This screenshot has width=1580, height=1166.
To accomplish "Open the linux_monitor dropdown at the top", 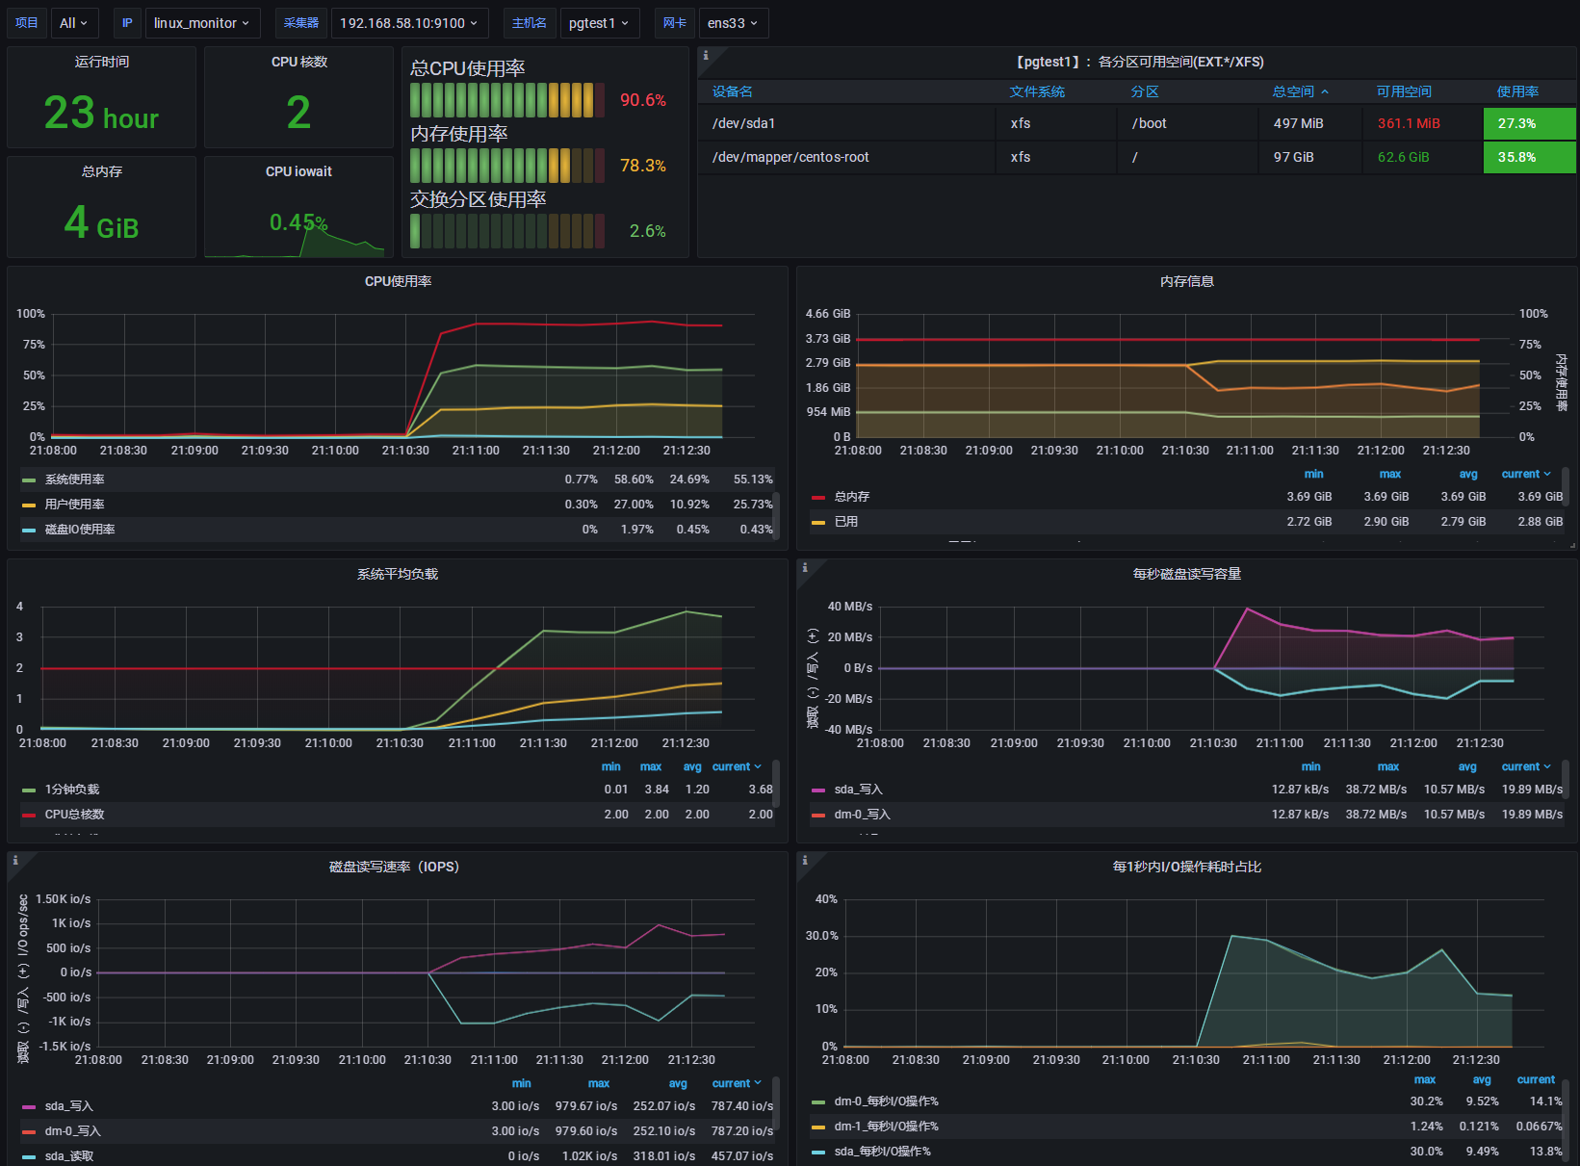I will (202, 23).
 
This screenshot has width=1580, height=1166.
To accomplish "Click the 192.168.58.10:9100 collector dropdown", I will (408, 23).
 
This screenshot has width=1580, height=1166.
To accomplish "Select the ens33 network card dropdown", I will (733, 23).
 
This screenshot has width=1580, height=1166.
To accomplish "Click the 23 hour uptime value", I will (101, 114).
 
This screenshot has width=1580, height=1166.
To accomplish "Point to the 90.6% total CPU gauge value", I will (642, 100).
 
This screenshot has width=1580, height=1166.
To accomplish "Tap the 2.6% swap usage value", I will (647, 231).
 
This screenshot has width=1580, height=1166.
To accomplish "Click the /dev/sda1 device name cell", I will (743, 123).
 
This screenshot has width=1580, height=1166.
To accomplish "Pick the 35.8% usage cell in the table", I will (1516, 157).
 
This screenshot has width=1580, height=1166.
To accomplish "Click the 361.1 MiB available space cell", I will (1408, 123).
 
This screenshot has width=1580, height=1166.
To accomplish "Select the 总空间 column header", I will (1293, 91).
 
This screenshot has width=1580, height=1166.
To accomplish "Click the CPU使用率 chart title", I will (398, 281).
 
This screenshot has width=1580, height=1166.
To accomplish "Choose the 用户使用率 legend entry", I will (74, 505).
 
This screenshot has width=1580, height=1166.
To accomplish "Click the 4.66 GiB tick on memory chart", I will (828, 314).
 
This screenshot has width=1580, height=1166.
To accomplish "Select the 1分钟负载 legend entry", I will (72, 790).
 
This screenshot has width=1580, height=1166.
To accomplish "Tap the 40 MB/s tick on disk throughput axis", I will (849, 607).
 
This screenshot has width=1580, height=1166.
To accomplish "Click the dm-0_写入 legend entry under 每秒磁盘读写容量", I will (862, 815).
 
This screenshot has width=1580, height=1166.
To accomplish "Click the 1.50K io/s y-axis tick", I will (64, 899).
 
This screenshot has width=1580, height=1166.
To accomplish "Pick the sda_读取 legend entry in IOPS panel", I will (69, 1156).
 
